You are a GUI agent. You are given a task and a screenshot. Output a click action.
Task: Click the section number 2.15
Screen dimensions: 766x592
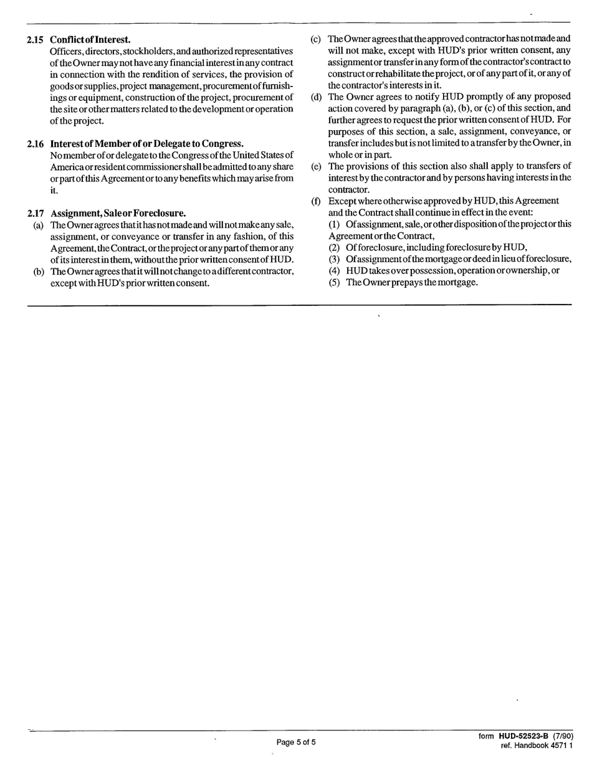point(35,40)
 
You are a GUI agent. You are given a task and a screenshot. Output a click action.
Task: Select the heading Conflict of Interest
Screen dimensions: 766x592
point(90,40)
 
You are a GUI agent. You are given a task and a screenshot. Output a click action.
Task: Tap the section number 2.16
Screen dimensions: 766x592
point(35,144)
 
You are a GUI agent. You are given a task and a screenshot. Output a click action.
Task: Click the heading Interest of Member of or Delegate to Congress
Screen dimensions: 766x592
point(146,144)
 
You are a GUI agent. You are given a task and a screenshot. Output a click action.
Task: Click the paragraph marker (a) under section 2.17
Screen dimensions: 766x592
point(38,225)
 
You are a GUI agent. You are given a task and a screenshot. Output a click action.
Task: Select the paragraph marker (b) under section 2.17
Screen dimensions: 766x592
point(38,272)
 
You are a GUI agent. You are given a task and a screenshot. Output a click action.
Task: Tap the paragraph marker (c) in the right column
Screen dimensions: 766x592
point(316,39)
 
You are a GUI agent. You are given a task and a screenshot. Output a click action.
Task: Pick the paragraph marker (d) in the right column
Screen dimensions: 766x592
point(316,97)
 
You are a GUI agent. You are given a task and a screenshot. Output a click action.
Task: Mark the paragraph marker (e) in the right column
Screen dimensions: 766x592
point(316,166)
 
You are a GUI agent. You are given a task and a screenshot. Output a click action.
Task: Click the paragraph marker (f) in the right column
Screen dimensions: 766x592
point(316,201)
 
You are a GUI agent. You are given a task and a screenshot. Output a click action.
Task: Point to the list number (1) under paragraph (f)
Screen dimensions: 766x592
point(334,224)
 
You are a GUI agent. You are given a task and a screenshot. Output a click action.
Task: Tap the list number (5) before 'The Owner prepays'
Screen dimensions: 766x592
point(334,282)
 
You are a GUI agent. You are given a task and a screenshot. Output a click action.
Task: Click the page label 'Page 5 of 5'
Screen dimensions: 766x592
point(296,742)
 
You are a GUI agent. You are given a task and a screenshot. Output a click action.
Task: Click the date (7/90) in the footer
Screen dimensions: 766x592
point(561,737)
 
